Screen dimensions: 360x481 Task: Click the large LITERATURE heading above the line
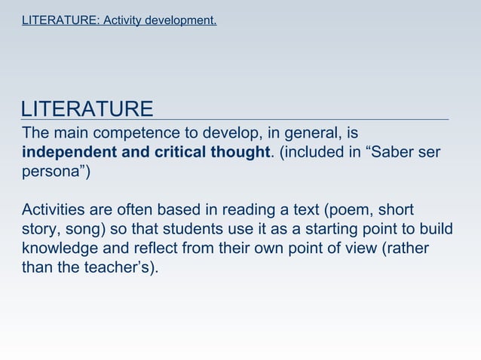click(x=87, y=109)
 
